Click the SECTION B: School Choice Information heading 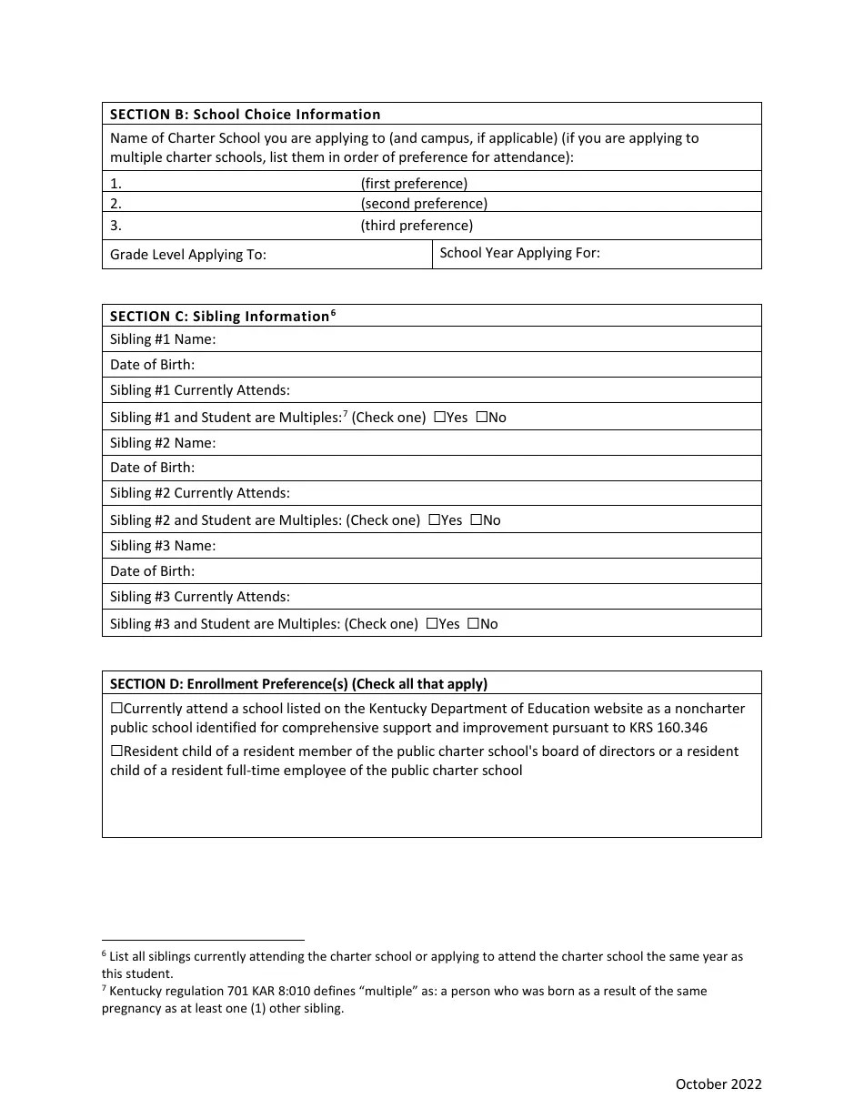pyautogui.click(x=245, y=115)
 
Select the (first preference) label pyautogui.click(x=414, y=183)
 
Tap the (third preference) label pyautogui.click(x=417, y=226)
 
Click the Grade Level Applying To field pyautogui.click(x=346, y=255)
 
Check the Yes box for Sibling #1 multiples pyautogui.click(x=439, y=417)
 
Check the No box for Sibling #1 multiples pyautogui.click(x=481, y=417)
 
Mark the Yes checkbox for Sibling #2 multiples pyautogui.click(x=434, y=519)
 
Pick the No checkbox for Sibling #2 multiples pyautogui.click(x=476, y=519)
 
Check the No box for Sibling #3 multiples pyautogui.click(x=473, y=623)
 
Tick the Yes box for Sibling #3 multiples pyautogui.click(x=431, y=623)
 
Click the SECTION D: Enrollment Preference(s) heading pyautogui.click(x=298, y=684)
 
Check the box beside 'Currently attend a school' pyautogui.click(x=116, y=708)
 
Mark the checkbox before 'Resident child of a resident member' pyautogui.click(x=116, y=751)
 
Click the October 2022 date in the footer pyautogui.click(x=718, y=1084)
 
